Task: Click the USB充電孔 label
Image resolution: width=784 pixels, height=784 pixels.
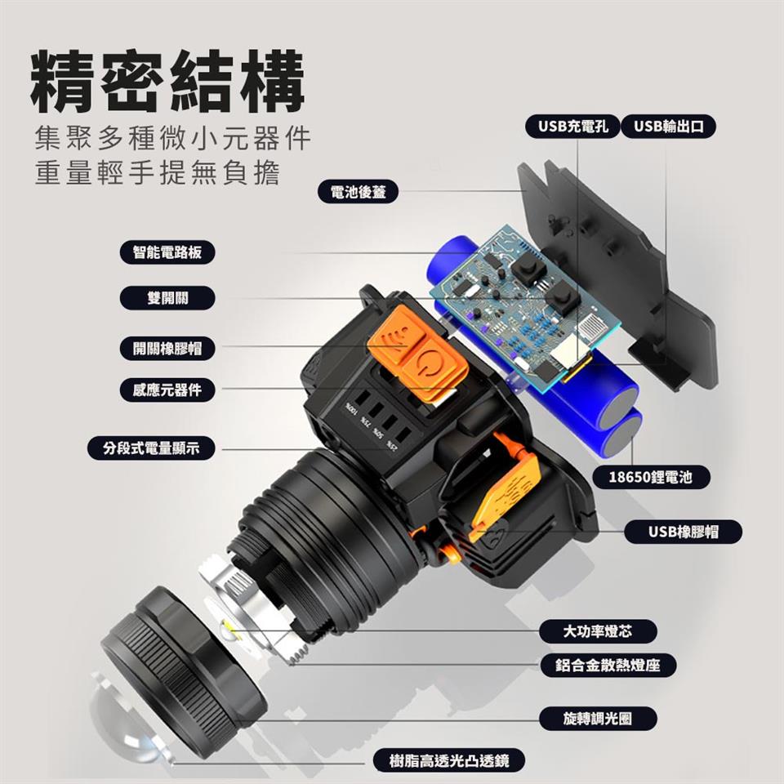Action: click(x=572, y=127)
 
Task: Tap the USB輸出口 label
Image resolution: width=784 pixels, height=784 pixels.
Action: click(x=668, y=127)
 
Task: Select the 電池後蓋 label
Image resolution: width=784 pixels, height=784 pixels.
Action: click(x=358, y=191)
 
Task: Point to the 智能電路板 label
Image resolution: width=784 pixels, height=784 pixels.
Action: click(x=167, y=252)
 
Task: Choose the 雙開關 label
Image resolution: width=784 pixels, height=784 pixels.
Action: click(x=167, y=298)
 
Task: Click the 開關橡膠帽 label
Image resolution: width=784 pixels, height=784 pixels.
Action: click(x=167, y=348)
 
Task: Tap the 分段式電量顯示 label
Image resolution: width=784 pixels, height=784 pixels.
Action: click(x=152, y=448)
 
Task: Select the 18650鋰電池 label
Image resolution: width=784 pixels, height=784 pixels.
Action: click(x=651, y=477)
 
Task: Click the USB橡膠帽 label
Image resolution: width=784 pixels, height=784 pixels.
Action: click(x=683, y=532)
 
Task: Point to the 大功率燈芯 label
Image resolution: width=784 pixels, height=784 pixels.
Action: click(x=598, y=631)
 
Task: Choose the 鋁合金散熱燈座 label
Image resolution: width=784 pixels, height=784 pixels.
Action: click(x=608, y=666)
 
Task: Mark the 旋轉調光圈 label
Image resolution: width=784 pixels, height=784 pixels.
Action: click(x=598, y=719)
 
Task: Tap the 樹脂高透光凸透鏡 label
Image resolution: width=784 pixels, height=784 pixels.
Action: click(x=449, y=760)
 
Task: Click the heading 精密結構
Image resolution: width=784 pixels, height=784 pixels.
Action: click(x=168, y=81)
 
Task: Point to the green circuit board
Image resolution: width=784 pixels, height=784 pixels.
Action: click(x=525, y=305)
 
